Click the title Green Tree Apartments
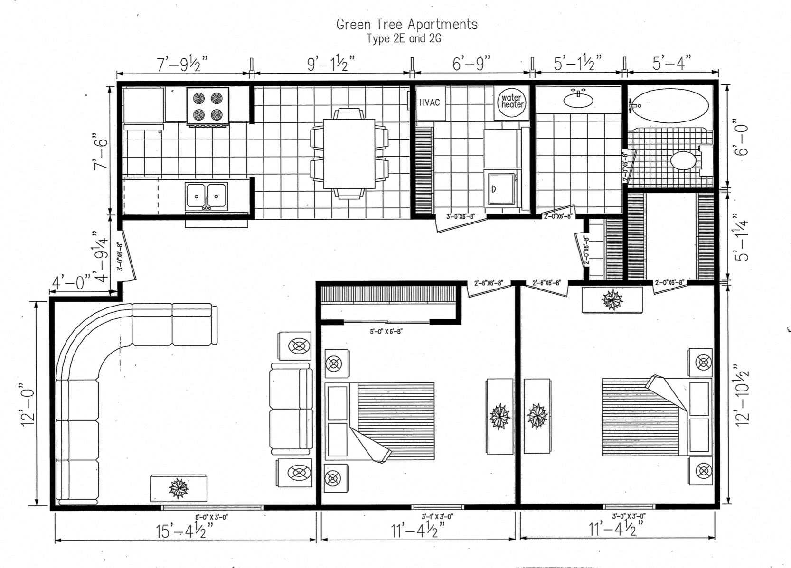tap(407, 24)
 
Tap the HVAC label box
tap(430, 102)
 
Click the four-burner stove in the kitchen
tap(207, 106)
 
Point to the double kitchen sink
tap(207, 196)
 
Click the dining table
tap(349, 153)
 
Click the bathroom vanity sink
tap(578, 99)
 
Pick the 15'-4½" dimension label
tap(185, 530)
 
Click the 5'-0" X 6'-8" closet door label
tap(386, 332)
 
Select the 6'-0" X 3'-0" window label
tap(211, 517)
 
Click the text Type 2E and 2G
tap(404, 39)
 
